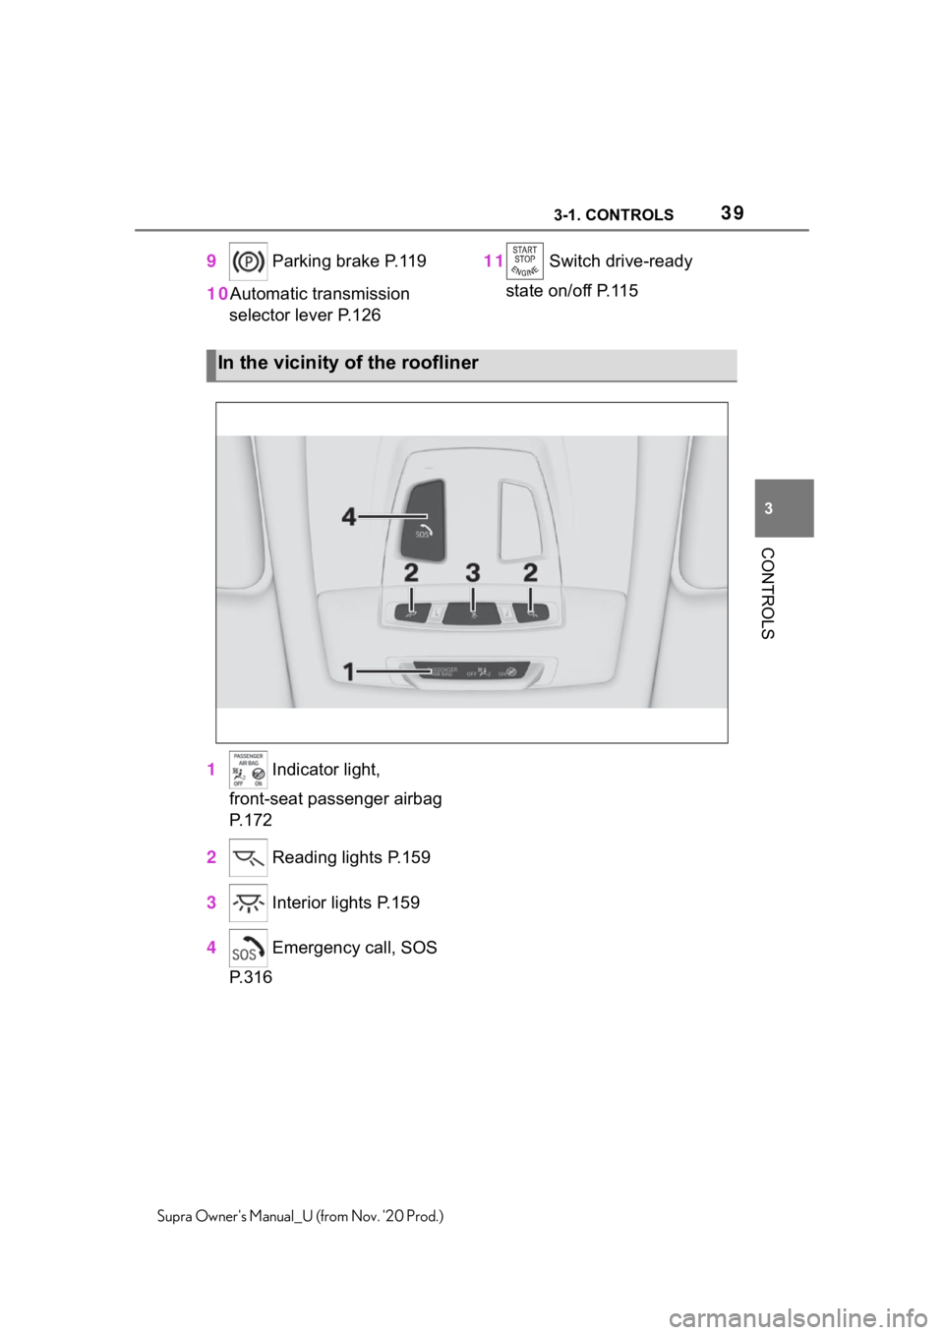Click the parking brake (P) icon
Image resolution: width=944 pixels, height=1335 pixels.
(x=248, y=261)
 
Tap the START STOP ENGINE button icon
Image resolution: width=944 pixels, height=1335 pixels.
(x=524, y=261)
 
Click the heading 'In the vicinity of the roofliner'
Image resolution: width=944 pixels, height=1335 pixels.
(x=348, y=364)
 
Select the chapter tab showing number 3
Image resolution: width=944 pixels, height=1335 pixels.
(x=784, y=508)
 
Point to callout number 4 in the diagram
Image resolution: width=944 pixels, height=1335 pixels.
(x=350, y=516)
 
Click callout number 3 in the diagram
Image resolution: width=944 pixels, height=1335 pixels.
(x=472, y=571)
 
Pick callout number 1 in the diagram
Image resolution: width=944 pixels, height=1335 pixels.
(x=350, y=671)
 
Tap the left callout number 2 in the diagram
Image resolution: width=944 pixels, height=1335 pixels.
(x=411, y=571)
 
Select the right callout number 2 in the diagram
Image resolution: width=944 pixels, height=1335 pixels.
(x=530, y=571)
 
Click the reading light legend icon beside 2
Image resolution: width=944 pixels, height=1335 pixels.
(x=248, y=858)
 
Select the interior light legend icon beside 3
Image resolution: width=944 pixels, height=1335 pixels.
(x=248, y=902)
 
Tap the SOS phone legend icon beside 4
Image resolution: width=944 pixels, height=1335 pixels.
(x=248, y=949)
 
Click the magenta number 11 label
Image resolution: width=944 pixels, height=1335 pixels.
(x=493, y=261)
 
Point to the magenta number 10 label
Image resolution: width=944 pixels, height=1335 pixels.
(x=217, y=294)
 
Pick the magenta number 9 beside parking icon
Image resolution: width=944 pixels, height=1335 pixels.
(x=211, y=261)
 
